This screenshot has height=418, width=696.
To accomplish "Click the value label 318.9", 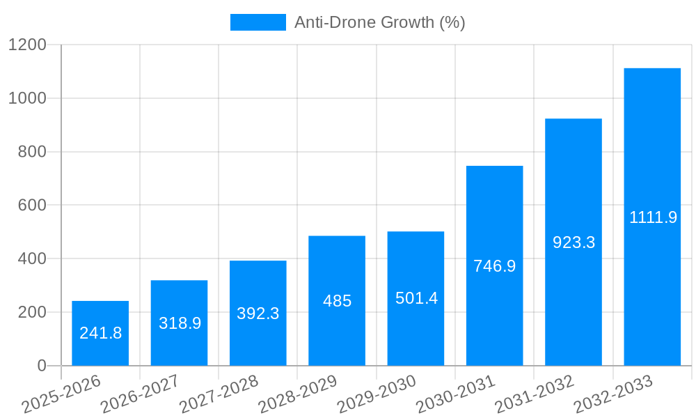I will coord(180,323).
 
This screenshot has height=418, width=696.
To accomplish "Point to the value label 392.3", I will coord(258,313).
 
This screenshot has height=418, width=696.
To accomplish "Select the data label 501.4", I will coord(416,298).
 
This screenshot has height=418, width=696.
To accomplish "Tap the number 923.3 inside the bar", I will coord(574,242).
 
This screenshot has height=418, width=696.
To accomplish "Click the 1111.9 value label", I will coord(653,217).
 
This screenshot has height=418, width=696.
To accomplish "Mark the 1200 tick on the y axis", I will coord(27,45).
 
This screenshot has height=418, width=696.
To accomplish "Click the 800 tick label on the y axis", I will coord(33,152).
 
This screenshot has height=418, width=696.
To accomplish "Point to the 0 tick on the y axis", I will coord(41,366).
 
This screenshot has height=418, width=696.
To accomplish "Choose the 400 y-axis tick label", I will coord(33,259).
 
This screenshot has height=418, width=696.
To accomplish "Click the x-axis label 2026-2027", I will coord(139,394).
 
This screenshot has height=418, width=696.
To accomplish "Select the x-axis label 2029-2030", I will coord(376,394).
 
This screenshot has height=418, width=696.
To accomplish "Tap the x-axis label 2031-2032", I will coord(534,394).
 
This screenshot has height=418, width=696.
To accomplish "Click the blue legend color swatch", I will coord(258,22).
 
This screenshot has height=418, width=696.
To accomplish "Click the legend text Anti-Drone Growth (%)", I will coord(379,22).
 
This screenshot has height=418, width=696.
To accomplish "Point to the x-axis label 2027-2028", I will coord(218,394).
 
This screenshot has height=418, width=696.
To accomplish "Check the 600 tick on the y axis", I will coord(33,206).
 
